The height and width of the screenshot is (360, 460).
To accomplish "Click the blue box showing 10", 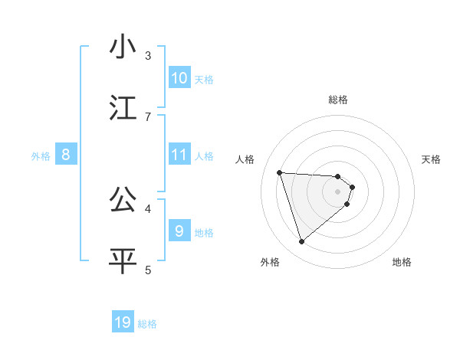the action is tap(179, 78).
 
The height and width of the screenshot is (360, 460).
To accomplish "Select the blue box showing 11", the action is tap(179, 155).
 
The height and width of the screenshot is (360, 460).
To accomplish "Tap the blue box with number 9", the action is tap(179, 231).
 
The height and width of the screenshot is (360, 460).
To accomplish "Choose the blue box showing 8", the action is tap(65, 155).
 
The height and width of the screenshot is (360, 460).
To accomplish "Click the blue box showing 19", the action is tap(123, 322).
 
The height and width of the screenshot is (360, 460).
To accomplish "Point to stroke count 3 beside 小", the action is tap(148, 56).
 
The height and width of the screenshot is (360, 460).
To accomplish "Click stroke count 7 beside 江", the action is tap(148, 116).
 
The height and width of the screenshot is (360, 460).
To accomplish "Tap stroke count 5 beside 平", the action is tap(148, 269).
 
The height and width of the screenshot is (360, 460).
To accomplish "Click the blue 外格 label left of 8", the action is tap(41, 155).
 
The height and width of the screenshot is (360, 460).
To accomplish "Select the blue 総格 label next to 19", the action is tap(147, 324).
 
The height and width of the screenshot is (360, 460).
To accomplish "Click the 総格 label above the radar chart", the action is tap(337, 100).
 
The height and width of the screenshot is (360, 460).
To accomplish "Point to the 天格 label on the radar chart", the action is tap(432, 159).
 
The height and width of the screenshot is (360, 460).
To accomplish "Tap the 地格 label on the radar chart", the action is tap(402, 262).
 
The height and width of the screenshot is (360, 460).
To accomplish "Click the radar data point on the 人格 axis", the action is tap(280, 172).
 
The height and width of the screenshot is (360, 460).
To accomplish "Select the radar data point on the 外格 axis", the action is tap(301, 242).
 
